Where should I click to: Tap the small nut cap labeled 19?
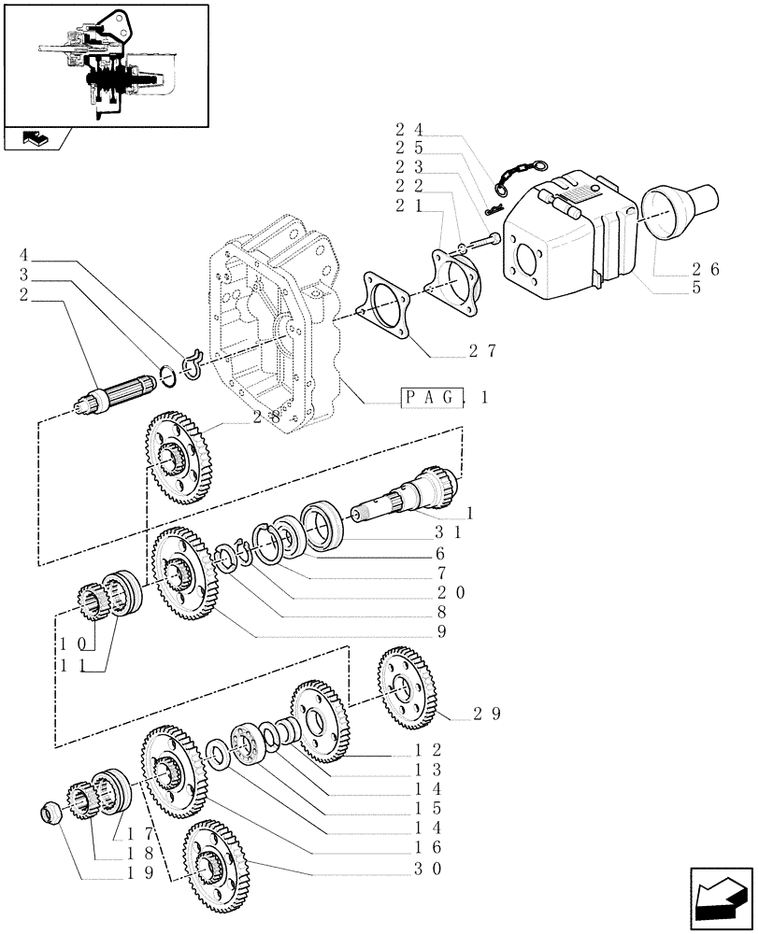coord(52,811)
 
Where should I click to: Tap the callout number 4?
coord(24,254)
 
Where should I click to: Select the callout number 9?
coord(438,630)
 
